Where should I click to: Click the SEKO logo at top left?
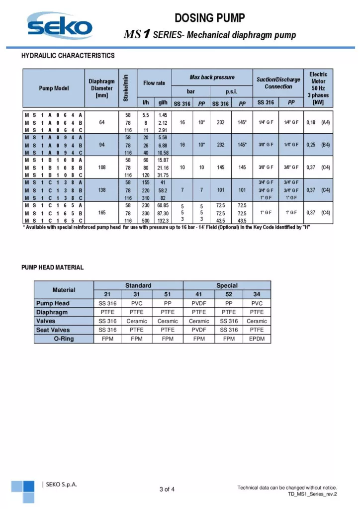[x=59, y=26]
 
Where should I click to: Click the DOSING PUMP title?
[x=209, y=18]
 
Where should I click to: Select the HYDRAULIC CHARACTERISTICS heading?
[x=68, y=56]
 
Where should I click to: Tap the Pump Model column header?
[x=54, y=88]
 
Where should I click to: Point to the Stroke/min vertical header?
[x=126, y=88]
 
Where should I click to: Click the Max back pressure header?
[x=212, y=78]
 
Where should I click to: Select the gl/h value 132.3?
[x=163, y=220]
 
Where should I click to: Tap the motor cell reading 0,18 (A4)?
[x=317, y=122]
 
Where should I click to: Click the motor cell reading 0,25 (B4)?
[x=317, y=145]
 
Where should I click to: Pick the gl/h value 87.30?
[x=163, y=213]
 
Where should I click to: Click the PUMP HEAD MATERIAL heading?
[x=52, y=267]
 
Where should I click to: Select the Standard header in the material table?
[x=138, y=285]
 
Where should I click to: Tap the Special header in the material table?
[x=227, y=285]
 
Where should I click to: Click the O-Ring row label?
[x=64, y=339]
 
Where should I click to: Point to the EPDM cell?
[x=257, y=339]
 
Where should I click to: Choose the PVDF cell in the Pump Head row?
[x=199, y=303]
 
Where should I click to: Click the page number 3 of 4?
[x=167, y=490]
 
